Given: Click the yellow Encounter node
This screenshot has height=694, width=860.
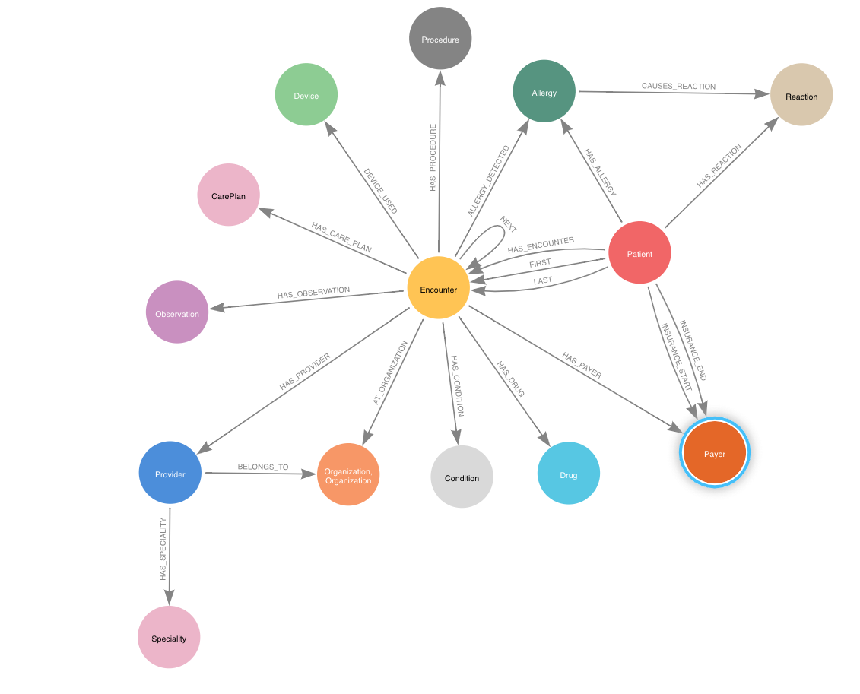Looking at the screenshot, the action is click(x=438, y=289).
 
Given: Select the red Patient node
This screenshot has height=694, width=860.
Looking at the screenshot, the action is click(x=639, y=253).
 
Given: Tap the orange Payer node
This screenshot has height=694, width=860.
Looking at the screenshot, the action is click(x=714, y=454).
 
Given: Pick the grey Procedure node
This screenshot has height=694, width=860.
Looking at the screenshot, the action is click(x=440, y=39).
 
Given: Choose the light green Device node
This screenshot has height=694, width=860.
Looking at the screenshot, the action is click(x=306, y=95).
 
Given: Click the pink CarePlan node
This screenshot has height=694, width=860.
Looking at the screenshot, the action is click(x=228, y=195).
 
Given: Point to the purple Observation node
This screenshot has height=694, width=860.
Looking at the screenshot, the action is click(x=177, y=312).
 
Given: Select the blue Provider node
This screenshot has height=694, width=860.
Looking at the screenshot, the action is click(x=170, y=474).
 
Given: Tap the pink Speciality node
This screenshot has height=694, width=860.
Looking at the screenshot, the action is click(x=169, y=638).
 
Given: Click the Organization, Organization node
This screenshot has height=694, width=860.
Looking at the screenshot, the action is click(x=347, y=476).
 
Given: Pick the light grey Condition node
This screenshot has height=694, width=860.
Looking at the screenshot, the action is click(x=462, y=477).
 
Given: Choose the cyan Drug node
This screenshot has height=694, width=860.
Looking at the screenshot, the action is click(x=568, y=474).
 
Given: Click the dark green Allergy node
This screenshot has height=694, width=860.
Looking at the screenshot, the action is click(x=544, y=93).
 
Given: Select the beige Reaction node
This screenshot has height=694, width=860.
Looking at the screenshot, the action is click(x=801, y=96).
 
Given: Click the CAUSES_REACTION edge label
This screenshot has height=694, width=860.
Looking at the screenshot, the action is click(x=678, y=87).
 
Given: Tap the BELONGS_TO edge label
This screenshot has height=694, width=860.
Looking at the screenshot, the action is click(x=263, y=467).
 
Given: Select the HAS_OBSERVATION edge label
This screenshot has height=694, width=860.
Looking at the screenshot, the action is click(x=313, y=291).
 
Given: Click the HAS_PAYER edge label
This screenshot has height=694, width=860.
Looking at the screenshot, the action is click(x=582, y=365).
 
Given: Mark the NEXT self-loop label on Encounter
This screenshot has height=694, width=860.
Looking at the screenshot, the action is click(x=508, y=224).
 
